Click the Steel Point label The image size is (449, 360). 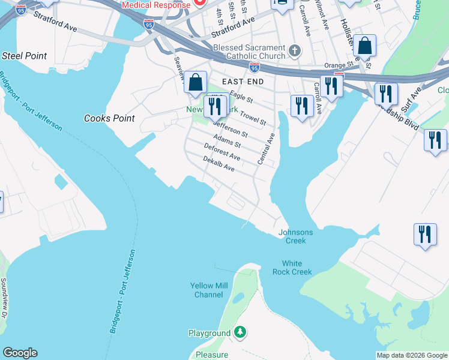(25, 56)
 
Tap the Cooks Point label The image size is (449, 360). (109, 118)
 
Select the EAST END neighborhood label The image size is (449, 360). (244, 81)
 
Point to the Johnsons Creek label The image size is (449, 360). (296, 236)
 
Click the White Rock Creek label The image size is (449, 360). (297, 268)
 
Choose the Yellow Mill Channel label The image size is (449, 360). (209, 290)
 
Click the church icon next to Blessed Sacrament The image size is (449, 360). (294, 52)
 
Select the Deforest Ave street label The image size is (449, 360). (222, 152)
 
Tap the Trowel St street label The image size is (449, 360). (253, 117)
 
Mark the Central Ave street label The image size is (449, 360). (265, 149)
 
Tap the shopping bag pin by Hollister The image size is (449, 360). (364, 46)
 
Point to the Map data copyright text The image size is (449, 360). (412, 355)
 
